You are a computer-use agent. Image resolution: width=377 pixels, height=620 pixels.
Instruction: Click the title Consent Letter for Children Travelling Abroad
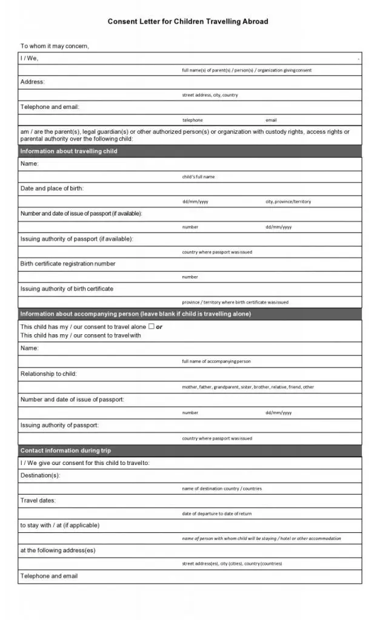click(x=188, y=21)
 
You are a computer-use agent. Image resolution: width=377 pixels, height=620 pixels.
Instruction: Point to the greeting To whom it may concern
click(x=55, y=46)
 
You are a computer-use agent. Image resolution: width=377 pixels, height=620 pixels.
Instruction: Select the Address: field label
click(x=33, y=82)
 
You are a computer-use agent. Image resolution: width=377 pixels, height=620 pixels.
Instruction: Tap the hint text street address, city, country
click(x=210, y=95)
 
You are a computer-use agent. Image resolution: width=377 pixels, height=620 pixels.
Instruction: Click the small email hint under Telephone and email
click(x=271, y=120)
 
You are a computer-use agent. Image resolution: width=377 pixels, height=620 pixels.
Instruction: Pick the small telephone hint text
click(x=193, y=120)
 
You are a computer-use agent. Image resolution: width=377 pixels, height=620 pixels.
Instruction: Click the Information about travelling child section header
click(x=69, y=151)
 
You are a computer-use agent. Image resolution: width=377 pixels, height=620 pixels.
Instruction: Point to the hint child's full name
click(x=198, y=177)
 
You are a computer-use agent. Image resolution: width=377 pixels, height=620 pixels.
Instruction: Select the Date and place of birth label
click(x=52, y=188)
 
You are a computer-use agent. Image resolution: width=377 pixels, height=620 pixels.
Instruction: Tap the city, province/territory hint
click(x=288, y=202)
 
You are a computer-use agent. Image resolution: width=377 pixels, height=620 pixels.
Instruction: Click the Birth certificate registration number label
click(x=68, y=264)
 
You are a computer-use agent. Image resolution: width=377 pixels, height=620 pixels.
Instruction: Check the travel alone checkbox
click(x=152, y=326)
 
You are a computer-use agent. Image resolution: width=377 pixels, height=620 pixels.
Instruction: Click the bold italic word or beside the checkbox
click(x=159, y=327)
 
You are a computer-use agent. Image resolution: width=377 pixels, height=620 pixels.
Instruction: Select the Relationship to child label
click(x=48, y=374)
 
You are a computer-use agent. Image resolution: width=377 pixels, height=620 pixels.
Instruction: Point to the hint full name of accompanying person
click(x=216, y=361)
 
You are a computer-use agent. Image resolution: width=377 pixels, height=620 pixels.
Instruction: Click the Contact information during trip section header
click(x=65, y=450)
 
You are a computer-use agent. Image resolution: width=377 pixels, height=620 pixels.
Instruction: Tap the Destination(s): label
click(x=40, y=475)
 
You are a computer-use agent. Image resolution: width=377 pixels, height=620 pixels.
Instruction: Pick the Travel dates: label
click(x=38, y=501)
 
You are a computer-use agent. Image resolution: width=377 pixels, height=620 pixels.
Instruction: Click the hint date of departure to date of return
click(x=217, y=513)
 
